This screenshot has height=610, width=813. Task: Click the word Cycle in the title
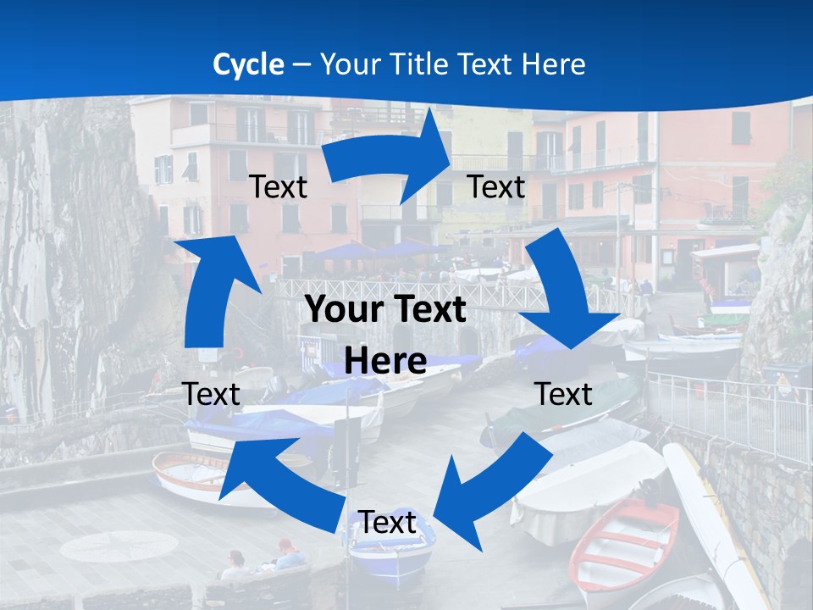click(x=248, y=64)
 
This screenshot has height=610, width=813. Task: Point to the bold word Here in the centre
click(x=385, y=362)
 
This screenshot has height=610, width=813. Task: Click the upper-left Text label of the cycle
click(x=278, y=186)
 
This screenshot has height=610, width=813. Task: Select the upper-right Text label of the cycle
click(x=496, y=186)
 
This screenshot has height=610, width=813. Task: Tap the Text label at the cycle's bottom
click(x=387, y=523)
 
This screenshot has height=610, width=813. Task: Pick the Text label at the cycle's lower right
click(x=564, y=394)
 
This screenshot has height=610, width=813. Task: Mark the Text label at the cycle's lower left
click(x=211, y=394)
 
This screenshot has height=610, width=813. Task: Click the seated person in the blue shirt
click(x=290, y=555)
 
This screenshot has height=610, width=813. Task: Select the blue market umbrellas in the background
click(x=381, y=250)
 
